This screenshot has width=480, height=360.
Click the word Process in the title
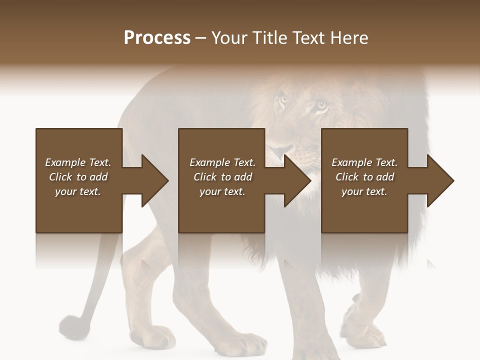[x=157, y=38]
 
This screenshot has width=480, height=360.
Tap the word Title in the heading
[x=270, y=38]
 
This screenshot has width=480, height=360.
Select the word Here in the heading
[x=349, y=38]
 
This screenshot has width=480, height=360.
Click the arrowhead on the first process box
[x=155, y=180]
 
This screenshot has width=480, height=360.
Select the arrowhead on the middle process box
[x=297, y=180]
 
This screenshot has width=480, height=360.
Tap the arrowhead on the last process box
[x=440, y=180]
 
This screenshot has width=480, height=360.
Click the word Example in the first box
[x=65, y=162]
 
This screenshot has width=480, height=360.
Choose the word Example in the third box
[x=351, y=162]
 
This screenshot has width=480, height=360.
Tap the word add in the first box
[x=99, y=177]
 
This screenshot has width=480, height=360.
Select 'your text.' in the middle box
[x=222, y=191]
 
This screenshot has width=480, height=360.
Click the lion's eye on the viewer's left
[x=283, y=99]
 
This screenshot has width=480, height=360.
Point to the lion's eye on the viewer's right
[x=321, y=105]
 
